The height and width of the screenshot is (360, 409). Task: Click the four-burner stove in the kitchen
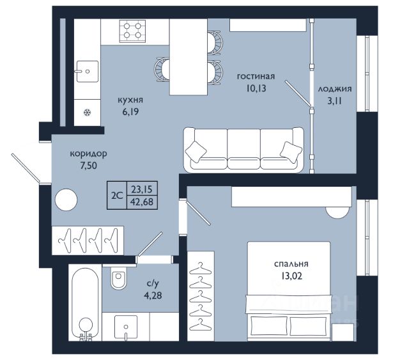pyautogui.click(x=132, y=31)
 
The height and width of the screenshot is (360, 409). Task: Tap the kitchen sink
pyautogui.click(x=88, y=71)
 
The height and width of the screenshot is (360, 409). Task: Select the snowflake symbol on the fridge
pyautogui.click(x=88, y=113)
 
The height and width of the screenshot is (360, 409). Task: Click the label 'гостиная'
pyautogui.click(x=256, y=76)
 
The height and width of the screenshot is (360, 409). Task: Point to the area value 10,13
pyautogui.click(x=256, y=88)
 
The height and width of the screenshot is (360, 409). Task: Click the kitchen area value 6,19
pyautogui.click(x=130, y=112)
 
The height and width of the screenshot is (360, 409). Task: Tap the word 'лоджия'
pyautogui.click(x=335, y=89)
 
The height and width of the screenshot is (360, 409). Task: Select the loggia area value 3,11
pyautogui.click(x=335, y=101)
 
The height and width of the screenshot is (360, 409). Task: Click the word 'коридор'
pyautogui.click(x=88, y=153)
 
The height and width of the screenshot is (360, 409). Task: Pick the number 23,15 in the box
pyautogui.click(x=142, y=189)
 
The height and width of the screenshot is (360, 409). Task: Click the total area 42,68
pyautogui.click(x=142, y=202)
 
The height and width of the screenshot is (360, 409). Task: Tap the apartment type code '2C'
pyautogui.click(x=117, y=195)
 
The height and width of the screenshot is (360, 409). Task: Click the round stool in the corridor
pyautogui.click(x=66, y=200)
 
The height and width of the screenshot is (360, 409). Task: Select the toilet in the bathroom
pyautogui.click(x=118, y=278)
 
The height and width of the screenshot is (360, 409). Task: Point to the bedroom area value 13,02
pyautogui.click(x=291, y=276)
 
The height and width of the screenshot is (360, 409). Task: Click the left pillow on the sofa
pyautogui.click(x=196, y=152)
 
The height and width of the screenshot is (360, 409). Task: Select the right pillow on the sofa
pyautogui.click(x=291, y=152)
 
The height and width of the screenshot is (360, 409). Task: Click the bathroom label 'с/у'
pyautogui.click(x=153, y=283)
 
